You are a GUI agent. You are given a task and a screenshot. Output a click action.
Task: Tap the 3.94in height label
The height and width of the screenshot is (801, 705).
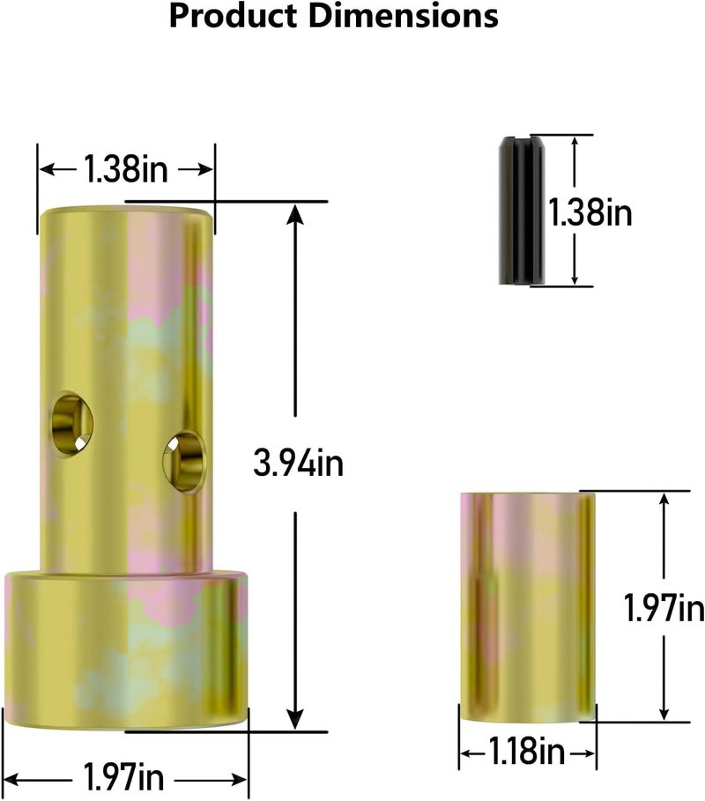point(298,464)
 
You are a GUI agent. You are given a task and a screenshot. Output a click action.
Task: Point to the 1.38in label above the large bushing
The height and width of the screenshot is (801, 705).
point(125,167)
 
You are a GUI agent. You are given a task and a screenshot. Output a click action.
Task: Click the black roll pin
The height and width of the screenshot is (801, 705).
point(520,210)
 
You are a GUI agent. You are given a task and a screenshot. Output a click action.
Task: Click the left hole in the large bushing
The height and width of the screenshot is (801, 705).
point(71,425)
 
